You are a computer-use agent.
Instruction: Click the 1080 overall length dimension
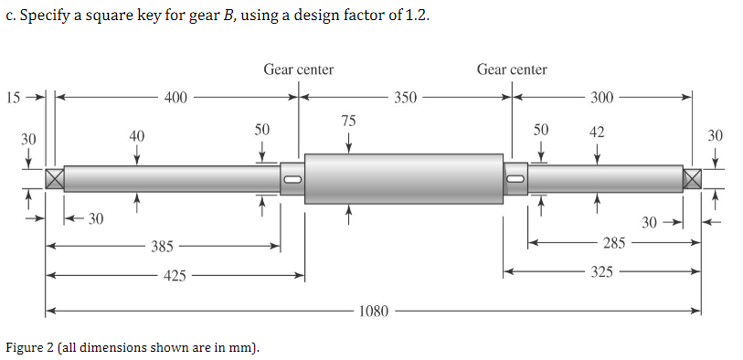pos(374,312)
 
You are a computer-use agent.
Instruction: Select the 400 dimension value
pos(177,96)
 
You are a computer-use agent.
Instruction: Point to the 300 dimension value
pos(602,97)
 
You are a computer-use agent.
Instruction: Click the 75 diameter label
pos(348,121)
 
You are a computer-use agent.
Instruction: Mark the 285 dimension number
pos(614,243)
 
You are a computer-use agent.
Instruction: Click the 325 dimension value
pos(601,272)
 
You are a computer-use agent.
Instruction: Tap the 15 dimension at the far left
pos(12,96)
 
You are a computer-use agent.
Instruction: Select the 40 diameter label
pos(136,136)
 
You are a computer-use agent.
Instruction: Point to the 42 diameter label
pos(597,133)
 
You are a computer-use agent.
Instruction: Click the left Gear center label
pos(299,69)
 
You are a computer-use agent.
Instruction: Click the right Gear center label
pos(512,69)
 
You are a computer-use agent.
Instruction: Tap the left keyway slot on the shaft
pos(292,178)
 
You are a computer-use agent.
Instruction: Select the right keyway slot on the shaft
pos(515,178)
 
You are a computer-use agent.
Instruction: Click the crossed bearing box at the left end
pos(55,178)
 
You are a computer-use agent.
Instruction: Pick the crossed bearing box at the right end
pos(692,178)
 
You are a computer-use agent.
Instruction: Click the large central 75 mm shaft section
pos(403,178)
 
